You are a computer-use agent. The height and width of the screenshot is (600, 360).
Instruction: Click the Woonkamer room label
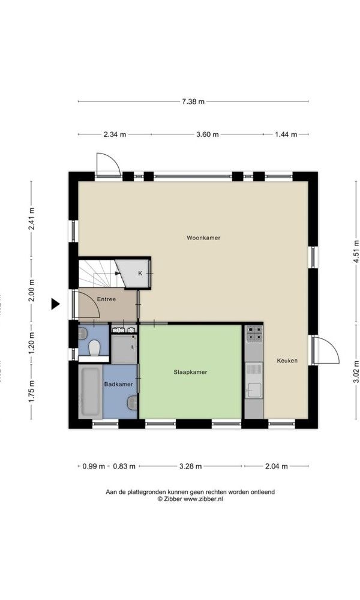203,238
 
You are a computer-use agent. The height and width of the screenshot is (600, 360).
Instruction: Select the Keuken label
287,361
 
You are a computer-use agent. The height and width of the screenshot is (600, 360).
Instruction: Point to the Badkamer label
119,384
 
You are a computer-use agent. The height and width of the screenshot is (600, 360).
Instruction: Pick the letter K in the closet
140,273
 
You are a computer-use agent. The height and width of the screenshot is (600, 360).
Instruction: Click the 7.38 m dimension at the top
193,101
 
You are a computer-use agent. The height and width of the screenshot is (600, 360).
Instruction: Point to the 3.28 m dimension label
190,466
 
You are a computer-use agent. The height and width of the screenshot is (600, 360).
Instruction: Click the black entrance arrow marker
55,304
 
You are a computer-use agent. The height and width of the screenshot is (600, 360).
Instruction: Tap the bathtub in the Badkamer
90,392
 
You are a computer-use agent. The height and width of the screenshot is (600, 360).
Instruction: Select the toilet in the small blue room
94,347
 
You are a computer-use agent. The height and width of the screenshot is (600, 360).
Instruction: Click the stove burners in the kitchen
254,333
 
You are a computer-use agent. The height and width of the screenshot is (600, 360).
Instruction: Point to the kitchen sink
254,389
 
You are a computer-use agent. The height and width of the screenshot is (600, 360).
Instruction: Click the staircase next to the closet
97,274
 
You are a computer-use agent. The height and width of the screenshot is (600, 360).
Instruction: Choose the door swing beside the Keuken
324,350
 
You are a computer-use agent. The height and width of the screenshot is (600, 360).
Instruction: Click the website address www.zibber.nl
203,499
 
